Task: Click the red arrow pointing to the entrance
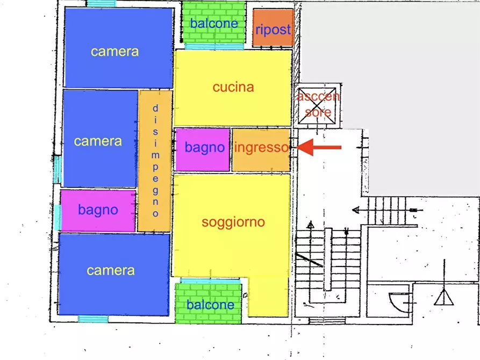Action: [319, 147]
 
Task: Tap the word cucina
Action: [233, 87]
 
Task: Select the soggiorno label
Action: [233, 222]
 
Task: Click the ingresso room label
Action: [261, 148]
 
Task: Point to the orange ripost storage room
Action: [273, 30]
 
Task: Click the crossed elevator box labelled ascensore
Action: [318, 106]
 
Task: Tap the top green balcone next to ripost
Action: [213, 24]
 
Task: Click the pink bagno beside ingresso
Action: [203, 148]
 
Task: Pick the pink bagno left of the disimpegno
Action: [98, 210]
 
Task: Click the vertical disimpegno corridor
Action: [155, 161]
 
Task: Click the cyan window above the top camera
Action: [101, 4]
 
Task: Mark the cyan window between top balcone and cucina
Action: [213, 47]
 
